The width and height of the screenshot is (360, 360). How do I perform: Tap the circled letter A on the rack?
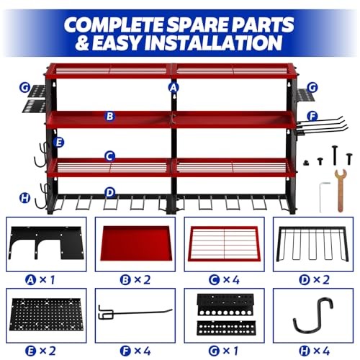pyautogui.click(x=173, y=87)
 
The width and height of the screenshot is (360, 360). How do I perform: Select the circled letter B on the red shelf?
pyautogui.click(x=109, y=115)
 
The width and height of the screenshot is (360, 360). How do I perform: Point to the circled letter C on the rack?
pyautogui.click(x=109, y=155)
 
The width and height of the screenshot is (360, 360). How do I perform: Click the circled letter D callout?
pyautogui.click(x=109, y=192)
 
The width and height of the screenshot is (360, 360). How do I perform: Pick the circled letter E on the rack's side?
pyautogui.click(x=38, y=143)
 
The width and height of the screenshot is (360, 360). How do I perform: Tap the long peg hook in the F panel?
pyautogui.click(x=137, y=310)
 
